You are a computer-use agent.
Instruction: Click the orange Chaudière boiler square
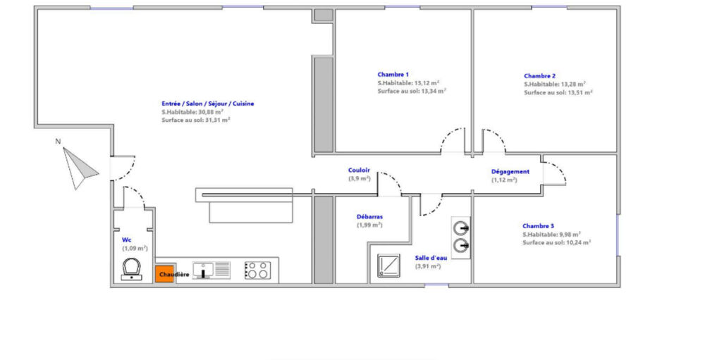[x=164, y=274]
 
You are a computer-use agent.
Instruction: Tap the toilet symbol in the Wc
[x=132, y=268]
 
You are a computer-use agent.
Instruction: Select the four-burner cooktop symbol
[x=257, y=270]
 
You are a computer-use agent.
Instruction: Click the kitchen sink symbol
[x=211, y=270]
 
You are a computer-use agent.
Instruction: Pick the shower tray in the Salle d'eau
[x=388, y=266]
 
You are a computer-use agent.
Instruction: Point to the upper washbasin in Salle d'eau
[x=461, y=228]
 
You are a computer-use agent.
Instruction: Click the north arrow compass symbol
[x=79, y=168]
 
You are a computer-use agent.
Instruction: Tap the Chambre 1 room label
[x=393, y=75]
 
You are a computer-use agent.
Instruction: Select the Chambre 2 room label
[x=539, y=76]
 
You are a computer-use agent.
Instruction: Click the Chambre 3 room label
[x=538, y=226]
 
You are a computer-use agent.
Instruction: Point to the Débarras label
[x=369, y=216]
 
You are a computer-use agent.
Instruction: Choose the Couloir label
[x=359, y=170]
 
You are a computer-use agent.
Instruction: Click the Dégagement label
[x=510, y=172]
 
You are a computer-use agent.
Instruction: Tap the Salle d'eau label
[x=431, y=258]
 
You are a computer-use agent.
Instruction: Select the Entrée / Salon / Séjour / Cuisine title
[x=208, y=104]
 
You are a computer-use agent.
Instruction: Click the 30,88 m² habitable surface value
[x=211, y=112]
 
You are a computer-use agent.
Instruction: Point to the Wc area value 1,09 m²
[x=135, y=248]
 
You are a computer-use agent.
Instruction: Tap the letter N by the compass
[x=58, y=142]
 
